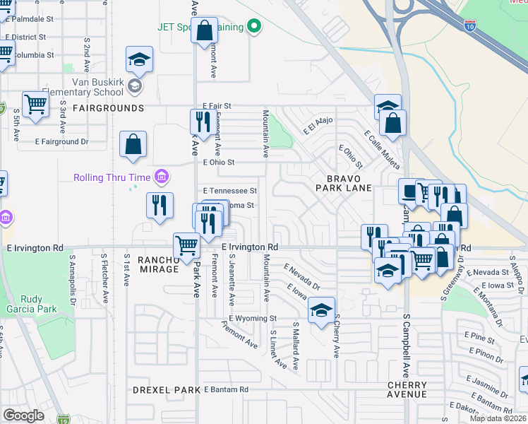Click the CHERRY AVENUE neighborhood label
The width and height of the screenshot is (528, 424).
407,389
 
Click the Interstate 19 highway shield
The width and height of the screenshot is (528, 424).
64,419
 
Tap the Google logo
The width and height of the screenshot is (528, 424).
23,415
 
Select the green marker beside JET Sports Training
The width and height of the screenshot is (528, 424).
255,28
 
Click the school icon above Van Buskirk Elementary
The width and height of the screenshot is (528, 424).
139,59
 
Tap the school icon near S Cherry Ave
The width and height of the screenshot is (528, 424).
320,310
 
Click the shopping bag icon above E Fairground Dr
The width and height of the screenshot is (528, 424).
133,145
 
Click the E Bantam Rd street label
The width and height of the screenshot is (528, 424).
226,389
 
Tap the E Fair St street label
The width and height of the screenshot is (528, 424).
217,106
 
